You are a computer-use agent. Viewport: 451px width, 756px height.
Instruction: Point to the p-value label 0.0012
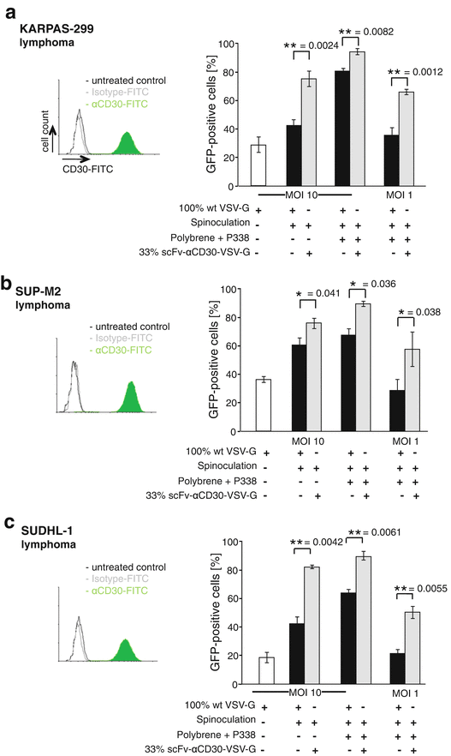(414, 72)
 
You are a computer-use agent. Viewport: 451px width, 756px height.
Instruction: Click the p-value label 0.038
(418, 338)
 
